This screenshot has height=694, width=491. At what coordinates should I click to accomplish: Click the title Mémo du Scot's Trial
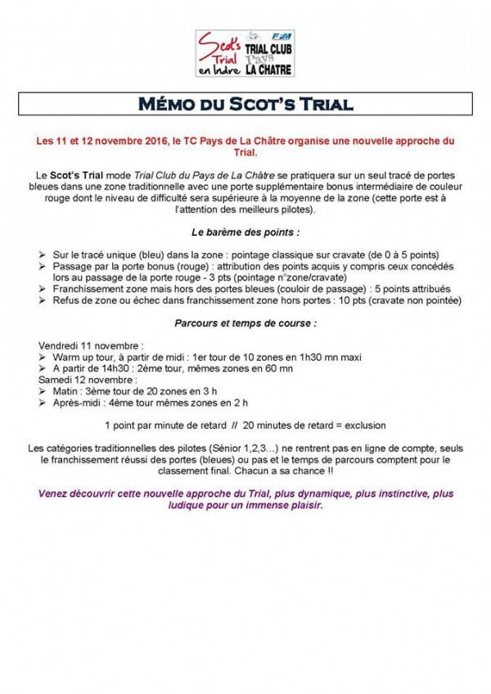pos(245,106)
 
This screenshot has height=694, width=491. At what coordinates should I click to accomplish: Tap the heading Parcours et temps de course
pos(245,323)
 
